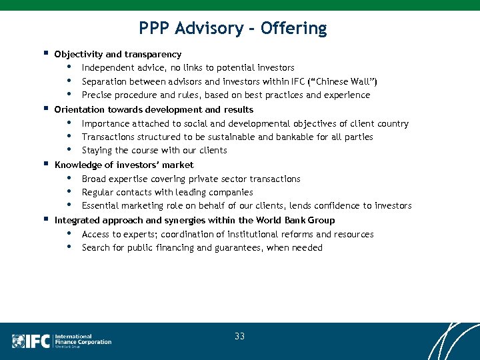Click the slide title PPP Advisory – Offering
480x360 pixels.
click(233, 28)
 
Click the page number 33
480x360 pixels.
click(239, 337)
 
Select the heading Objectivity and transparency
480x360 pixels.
click(118, 54)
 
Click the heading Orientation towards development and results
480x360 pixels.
click(154, 109)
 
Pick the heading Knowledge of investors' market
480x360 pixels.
click(124, 165)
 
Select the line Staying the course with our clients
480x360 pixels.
click(154, 150)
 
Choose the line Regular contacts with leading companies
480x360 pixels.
click(167, 192)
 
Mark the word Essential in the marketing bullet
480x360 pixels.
click(101, 205)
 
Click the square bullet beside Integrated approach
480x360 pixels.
click(45, 219)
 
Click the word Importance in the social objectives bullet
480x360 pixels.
click(105, 123)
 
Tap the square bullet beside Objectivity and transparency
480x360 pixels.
click(45, 53)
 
